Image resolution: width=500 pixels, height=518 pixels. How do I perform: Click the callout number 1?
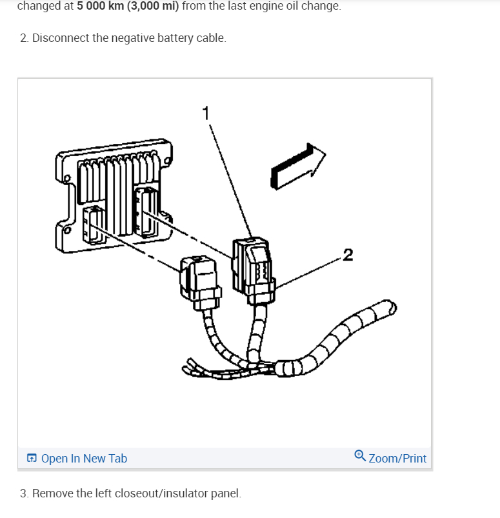tap(205, 114)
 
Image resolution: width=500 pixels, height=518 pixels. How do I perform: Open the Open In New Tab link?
tap(84, 459)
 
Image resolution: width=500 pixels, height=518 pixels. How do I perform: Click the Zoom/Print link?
tap(397, 459)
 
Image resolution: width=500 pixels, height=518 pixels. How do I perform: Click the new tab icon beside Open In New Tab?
tap(32, 459)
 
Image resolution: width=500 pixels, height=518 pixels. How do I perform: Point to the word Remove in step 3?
tap(52, 493)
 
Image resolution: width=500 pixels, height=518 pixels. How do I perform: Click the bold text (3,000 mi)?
tap(155, 6)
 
